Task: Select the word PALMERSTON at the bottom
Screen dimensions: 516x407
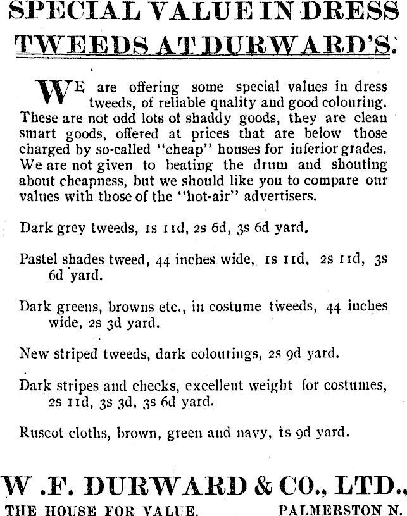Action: click(x=323, y=510)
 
